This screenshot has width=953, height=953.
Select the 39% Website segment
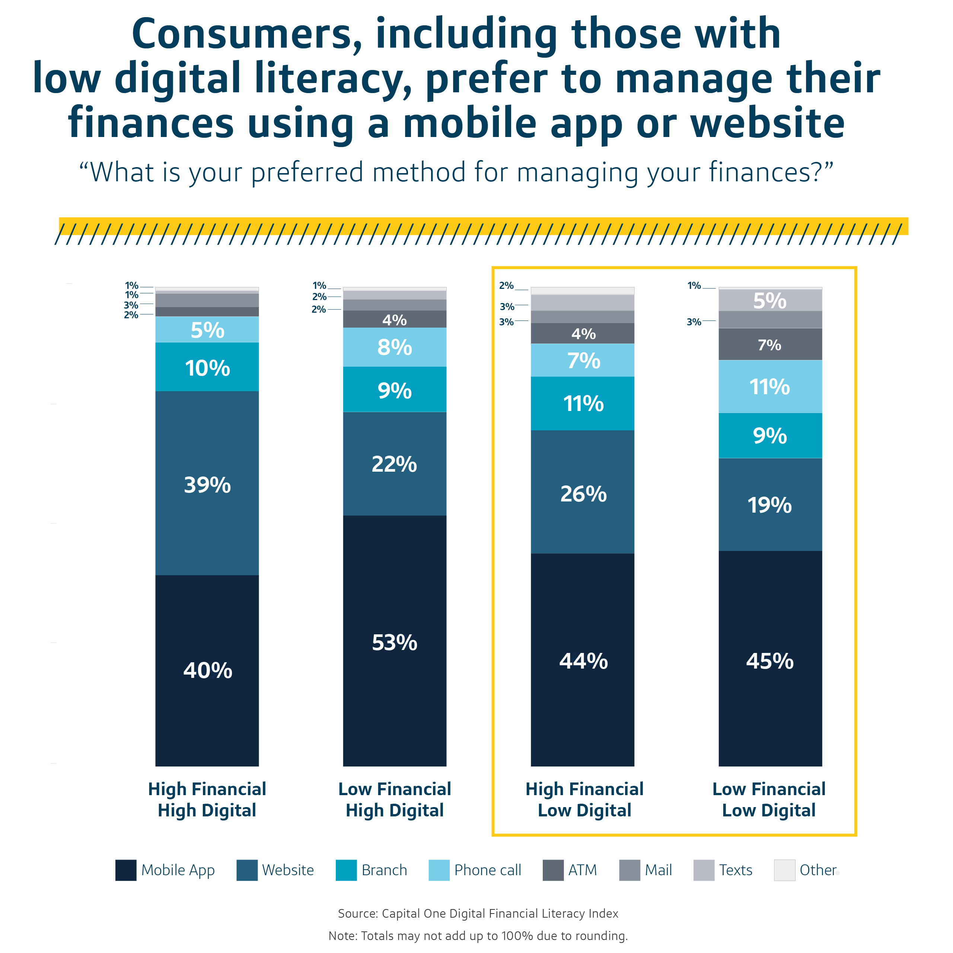[x=207, y=484]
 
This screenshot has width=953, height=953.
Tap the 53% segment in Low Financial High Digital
[x=395, y=641]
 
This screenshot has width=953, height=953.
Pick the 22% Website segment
[x=395, y=464]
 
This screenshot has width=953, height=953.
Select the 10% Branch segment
[x=207, y=367]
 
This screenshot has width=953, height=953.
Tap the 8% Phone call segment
[x=395, y=347]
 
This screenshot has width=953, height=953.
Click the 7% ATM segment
[x=770, y=344]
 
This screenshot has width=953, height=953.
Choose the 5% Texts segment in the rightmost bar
[x=770, y=300]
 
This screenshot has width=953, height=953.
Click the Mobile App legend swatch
[x=126, y=870]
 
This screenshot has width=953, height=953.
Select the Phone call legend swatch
[x=439, y=870]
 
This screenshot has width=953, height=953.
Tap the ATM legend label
[x=582, y=870]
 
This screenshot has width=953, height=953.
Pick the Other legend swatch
[x=784, y=870]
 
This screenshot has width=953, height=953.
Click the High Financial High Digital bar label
[x=207, y=800]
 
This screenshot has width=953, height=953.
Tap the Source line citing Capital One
[x=478, y=914]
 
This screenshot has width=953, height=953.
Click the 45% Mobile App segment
[x=770, y=661]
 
